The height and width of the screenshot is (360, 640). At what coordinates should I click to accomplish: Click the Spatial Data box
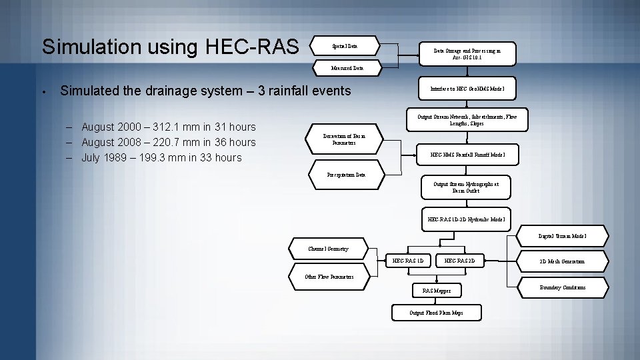[x=345, y=46]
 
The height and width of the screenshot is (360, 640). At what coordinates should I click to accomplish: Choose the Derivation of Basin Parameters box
[x=345, y=139]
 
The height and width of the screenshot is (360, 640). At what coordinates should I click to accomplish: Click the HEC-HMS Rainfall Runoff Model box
[x=467, y=155]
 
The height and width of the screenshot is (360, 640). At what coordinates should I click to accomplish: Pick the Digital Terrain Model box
[x=563, y=237]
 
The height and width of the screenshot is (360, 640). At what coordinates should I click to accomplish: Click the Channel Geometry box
[x=328, y=249]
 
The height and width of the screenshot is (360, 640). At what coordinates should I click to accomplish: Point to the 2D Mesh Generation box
[x=561, y=261]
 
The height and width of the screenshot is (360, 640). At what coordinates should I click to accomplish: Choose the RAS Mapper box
[x=437, y=291]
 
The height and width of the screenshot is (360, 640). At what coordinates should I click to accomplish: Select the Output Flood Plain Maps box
[x=437, y=313]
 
